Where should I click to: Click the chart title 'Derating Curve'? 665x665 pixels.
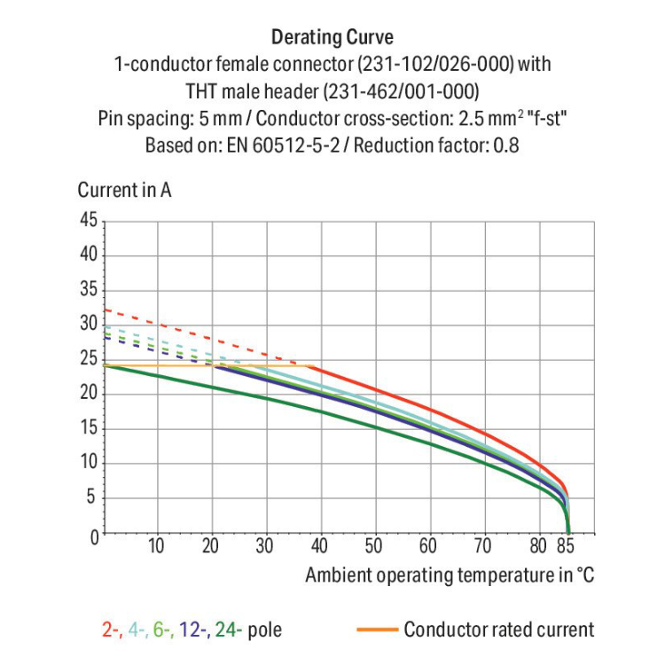pyautogui.click(x=332, y=37)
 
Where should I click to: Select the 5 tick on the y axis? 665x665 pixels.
pyautogui.click(x=91, y=498)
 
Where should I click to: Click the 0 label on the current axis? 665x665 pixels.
pyautogui.click(x=91, y=535)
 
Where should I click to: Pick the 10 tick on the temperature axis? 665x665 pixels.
pyautogui.click(x=156, y=546)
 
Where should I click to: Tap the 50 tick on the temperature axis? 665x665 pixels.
pyautogui.click(x=373, y=546)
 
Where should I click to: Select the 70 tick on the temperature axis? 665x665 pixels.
pyautogui.click(x=482, y=546)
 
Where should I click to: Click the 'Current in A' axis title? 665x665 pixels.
pyautogui.click(x=124, y=190)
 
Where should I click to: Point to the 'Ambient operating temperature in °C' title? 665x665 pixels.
pyautogui.click(x=450, y=575)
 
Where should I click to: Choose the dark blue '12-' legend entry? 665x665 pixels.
pyautogui.click(x=193, y=630)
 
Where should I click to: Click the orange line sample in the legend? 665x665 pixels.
pyautogui.click(x=376, y=630)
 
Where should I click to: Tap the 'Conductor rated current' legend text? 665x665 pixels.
pyautogui.click(x=498, y=630)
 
